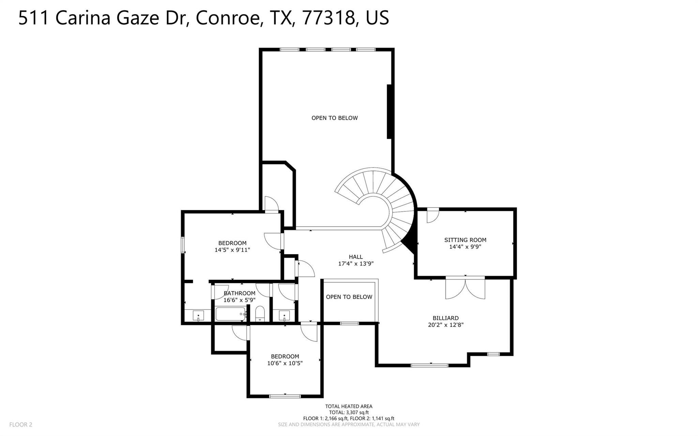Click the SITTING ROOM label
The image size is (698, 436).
tap(465, 240)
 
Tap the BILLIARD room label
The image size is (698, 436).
tap(445, 318)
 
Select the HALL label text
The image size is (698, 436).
tap(356, 257)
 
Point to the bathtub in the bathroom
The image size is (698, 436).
tap(230, 314)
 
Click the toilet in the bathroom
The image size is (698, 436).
tap(260, 313)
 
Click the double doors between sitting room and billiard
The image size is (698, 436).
tap(465, 288)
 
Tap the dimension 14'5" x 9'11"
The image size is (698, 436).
tap(232, 250)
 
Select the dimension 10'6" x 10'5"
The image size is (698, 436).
tap(285, 363)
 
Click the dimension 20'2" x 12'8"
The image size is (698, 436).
tap(445, 325)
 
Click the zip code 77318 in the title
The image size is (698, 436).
tap(328, 18)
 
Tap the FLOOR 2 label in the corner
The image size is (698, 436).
tap(20, 425)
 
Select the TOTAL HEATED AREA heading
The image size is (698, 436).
tap(349, 406)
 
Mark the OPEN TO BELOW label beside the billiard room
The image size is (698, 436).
tap(349, 297)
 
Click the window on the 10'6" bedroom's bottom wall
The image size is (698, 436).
tap(285, 396)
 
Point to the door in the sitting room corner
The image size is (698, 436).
tap(432, 215)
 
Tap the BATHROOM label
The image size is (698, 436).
tap(239, 293)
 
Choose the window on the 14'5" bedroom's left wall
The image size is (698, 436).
tap(183, 245)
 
